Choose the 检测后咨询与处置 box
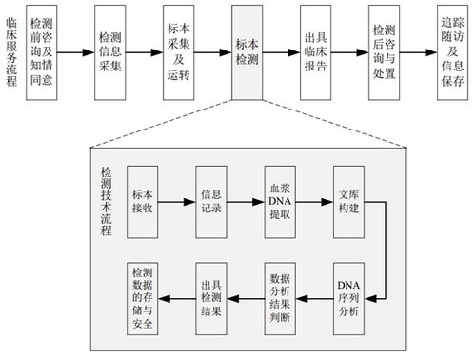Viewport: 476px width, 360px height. (388, 50)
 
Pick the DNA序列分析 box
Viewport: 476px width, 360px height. (349, 296)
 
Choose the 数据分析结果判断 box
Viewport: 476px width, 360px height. (282, 296)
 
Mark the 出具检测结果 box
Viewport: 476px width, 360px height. (212, 296)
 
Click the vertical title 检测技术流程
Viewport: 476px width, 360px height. (106, 202)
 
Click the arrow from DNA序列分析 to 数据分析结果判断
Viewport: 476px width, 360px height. (315, 296)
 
